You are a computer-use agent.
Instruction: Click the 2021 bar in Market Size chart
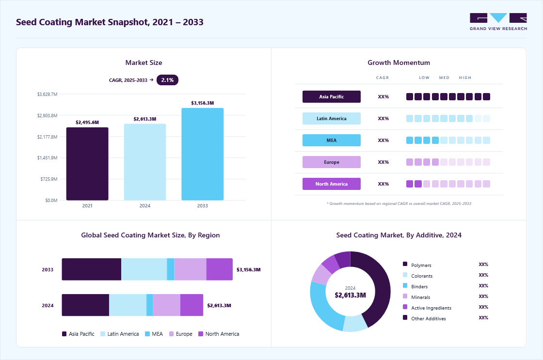[87, 164]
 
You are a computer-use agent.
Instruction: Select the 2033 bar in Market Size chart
[203, 154]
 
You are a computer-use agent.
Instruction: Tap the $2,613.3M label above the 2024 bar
[145, 119]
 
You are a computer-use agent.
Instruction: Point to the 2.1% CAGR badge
[167, 80]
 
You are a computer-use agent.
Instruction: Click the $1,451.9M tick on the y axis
[48, 158]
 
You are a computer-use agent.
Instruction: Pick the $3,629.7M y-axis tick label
[48, 94]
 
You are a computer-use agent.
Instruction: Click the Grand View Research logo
[498, 22]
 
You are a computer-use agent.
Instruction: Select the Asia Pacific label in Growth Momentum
[332, 96]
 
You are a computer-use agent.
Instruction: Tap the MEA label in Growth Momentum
[332, 140]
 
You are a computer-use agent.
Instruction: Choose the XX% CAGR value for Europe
[383, 162]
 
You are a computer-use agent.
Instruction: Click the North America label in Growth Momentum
[332, 184]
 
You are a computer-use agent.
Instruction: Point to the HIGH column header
[465, 78]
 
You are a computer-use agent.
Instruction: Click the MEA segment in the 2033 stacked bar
[170, 269]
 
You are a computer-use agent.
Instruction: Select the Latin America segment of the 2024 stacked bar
[128, 305]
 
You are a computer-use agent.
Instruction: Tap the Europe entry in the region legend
[181, 334]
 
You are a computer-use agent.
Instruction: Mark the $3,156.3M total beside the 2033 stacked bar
[249, 270]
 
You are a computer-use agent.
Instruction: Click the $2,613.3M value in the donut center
[350, 295]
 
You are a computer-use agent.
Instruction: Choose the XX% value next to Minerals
[483, 297]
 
